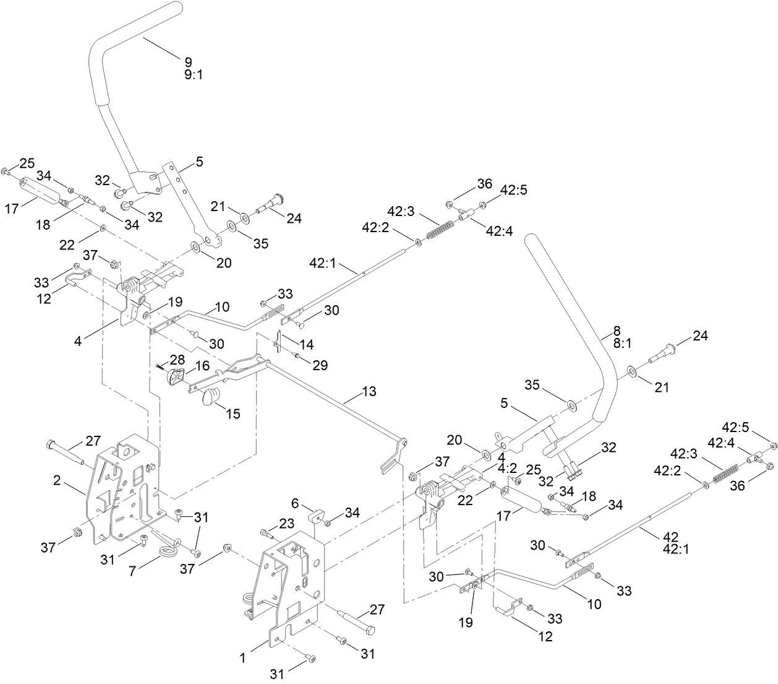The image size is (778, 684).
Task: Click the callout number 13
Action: tap(369, 392)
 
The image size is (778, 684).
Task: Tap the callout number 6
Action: tap(296, 504)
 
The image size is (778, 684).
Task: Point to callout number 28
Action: tap(177, 359)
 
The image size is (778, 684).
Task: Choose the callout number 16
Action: tap(203, 366)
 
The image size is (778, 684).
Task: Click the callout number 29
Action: tap(320, 365)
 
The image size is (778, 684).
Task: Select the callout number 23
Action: tap(286, 523)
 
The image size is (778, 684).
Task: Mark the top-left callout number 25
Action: tap(27, 163)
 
